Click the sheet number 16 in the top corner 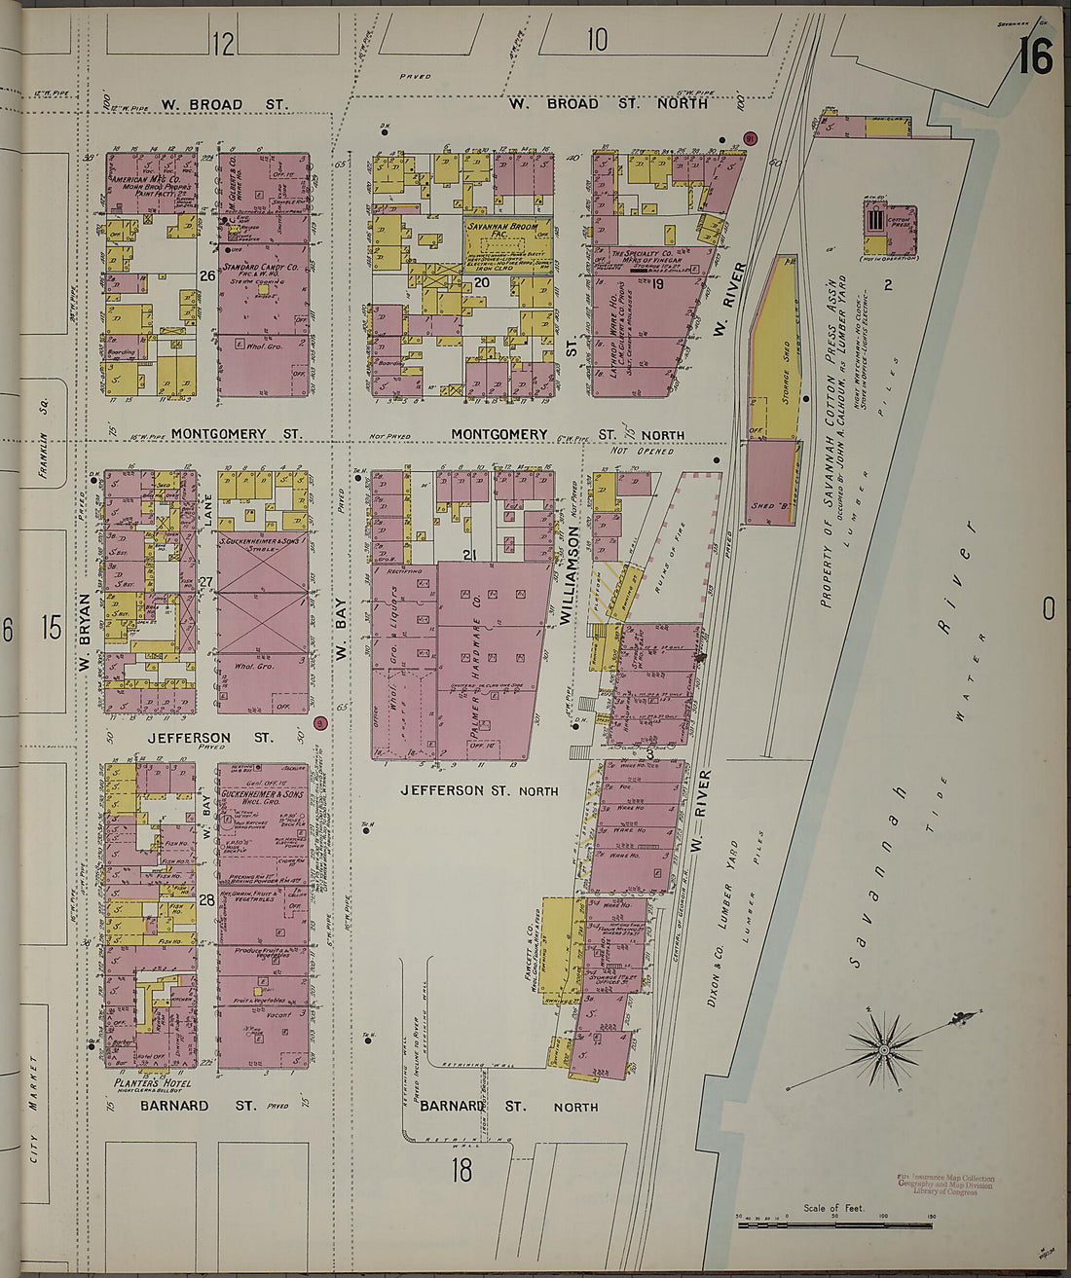click(1036, 57)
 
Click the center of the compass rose click(884, 1049)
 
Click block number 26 click(207, 275)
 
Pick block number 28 click(207, 900)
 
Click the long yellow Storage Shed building click(776, 350)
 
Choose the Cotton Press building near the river click(887, 231)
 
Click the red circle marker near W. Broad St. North click(750, 138)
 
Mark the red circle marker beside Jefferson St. click(320, 723)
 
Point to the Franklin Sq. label click(44, 456)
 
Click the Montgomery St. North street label click(567, 435)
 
